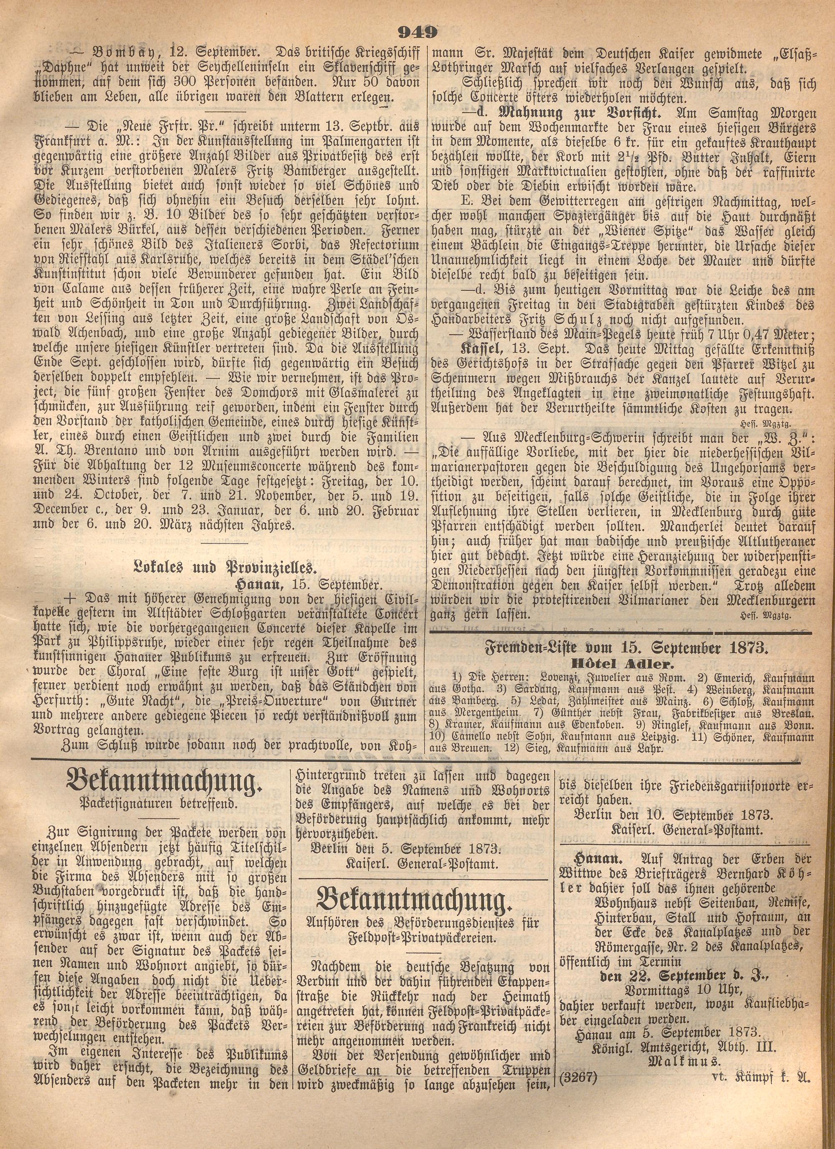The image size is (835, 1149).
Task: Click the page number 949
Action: pos(417,33)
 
